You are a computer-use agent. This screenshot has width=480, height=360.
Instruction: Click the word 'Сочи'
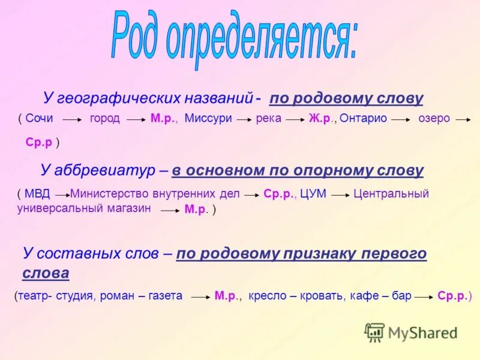point(39,119)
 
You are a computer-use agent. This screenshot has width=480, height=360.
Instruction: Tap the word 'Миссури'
point(208,119)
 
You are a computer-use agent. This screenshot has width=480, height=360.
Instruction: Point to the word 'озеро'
point(434,119)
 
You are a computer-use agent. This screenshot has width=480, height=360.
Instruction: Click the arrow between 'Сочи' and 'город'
point(72,120)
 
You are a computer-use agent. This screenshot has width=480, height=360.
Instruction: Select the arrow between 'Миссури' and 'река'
point(244,120)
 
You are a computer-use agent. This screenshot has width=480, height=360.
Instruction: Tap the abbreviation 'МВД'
point(38,194)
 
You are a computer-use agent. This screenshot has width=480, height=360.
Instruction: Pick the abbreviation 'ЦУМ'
point(313,194)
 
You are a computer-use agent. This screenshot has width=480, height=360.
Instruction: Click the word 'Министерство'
point(106,194)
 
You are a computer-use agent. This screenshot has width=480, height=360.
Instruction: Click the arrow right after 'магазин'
point(170,211)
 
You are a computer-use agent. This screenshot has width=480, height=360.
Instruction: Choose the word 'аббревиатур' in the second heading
point(106,171)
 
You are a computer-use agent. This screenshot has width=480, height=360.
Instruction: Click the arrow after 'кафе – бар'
point(424,297)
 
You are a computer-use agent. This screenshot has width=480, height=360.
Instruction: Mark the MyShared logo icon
point(374,332)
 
